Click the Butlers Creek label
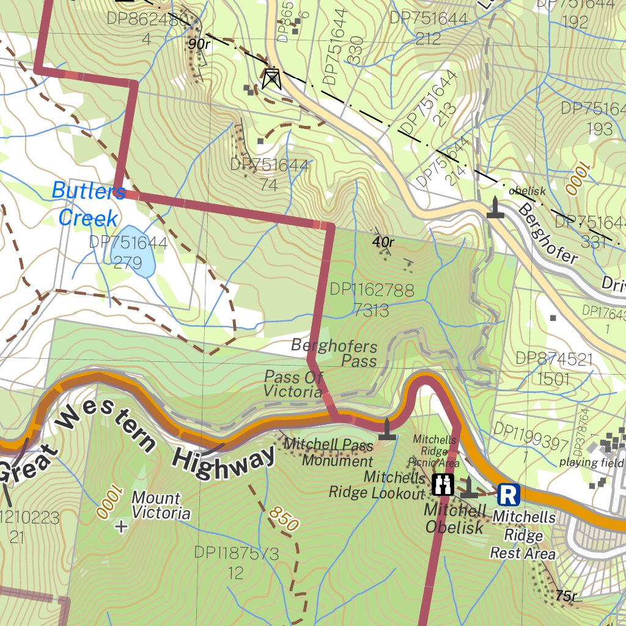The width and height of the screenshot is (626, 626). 87,204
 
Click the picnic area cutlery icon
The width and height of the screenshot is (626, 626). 443,484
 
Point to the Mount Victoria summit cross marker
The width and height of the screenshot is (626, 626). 122,526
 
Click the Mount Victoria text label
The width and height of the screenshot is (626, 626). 156,506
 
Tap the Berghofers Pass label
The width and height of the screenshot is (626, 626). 334,353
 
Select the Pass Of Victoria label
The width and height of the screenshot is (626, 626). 293,384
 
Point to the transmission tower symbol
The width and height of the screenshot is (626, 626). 271,79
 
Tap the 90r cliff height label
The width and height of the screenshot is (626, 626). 199,43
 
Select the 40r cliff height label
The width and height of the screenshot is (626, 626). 383,242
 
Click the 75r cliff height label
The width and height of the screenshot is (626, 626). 566,595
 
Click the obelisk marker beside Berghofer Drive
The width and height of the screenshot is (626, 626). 495,208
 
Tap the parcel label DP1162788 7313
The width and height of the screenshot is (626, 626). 371,300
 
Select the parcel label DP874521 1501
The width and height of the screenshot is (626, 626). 554,368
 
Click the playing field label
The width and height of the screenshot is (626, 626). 591,462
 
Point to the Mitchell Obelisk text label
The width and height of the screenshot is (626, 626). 454,518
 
